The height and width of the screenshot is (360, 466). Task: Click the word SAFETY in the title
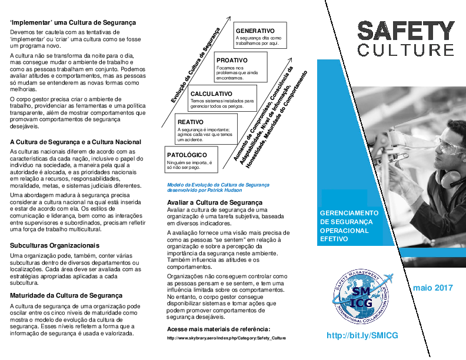coord(406,31)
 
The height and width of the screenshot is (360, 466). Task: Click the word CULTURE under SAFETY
coord(406,49)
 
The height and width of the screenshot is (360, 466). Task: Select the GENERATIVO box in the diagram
coord(259,35)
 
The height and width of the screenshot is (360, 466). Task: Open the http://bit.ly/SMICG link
coord(362,335)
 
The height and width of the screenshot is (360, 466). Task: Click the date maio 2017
coord(432,288)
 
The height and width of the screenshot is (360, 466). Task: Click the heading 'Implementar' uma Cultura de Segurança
coord(73,22)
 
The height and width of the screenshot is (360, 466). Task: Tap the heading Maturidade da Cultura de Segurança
coord(66,295)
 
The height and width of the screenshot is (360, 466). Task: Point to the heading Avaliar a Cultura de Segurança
coord(210,202)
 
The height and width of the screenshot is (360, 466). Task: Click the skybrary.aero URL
coord(227,338)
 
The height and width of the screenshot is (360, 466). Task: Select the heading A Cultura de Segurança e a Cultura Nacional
coord(75,142)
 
